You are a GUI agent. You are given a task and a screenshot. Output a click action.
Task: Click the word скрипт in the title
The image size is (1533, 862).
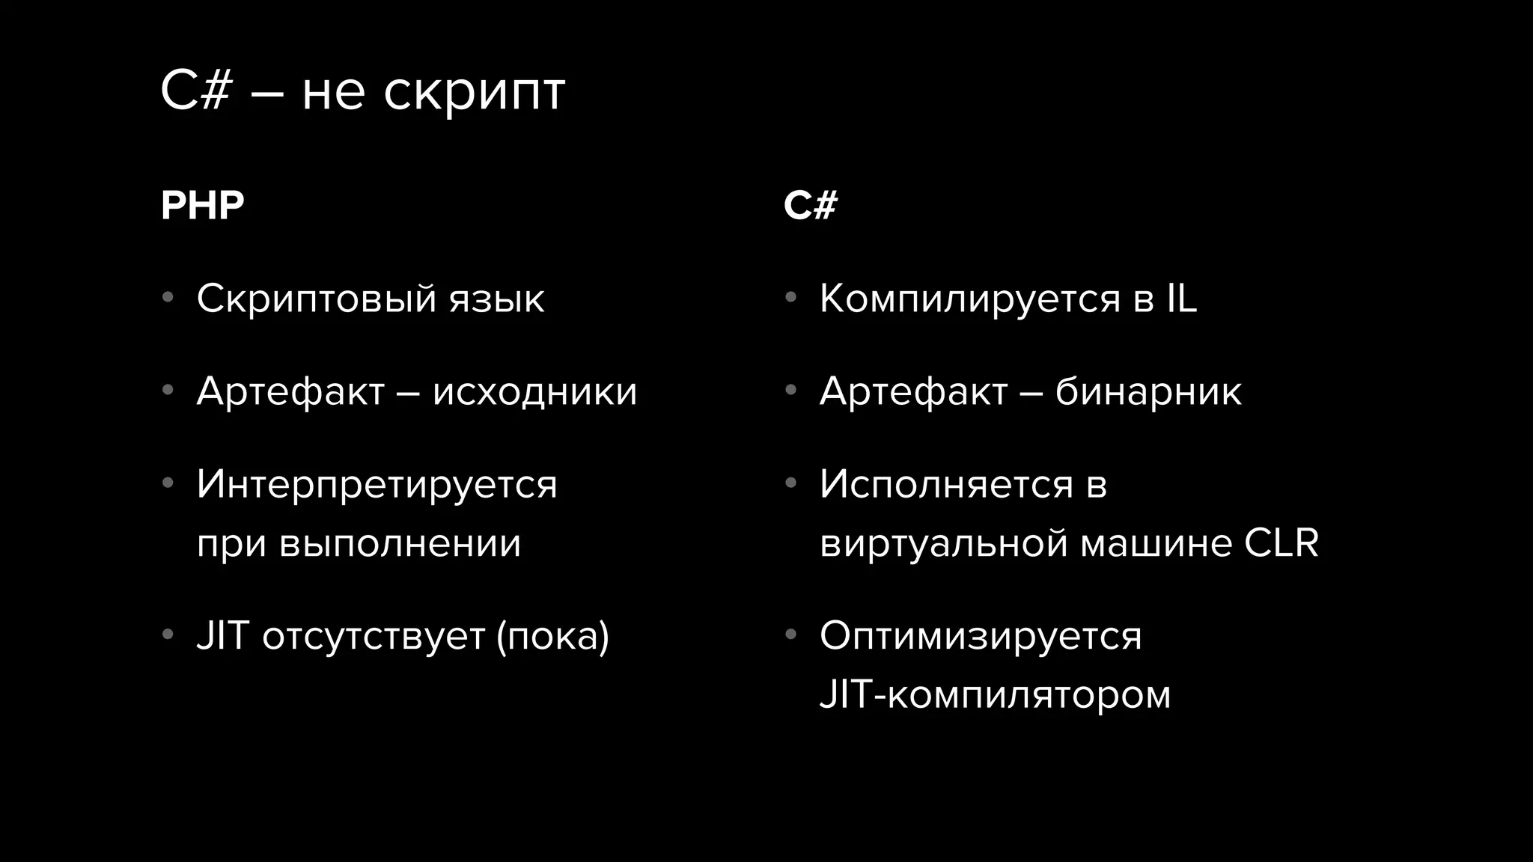pos(474,93)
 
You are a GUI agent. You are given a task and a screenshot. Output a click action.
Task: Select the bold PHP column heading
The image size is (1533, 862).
pos(203,206)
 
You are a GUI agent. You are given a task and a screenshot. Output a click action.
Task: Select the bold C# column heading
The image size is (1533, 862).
pos(811,206)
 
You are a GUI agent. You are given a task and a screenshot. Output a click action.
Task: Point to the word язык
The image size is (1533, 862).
pos(497,299)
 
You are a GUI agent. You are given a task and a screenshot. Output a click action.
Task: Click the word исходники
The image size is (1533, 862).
pos(534,391)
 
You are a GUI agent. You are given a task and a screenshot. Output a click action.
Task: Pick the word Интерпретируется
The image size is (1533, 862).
pos(377,485)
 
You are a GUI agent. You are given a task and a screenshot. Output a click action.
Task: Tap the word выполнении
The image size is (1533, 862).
pos(400,543)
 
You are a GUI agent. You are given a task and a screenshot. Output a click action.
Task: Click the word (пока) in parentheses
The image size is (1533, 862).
pos(553,636)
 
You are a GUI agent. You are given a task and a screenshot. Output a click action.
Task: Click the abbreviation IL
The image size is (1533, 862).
pos(1182,299)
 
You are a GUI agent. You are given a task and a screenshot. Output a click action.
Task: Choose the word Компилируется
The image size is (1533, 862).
pos(970,299)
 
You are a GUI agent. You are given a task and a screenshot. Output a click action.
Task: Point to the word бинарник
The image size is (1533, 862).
pos(1148,391)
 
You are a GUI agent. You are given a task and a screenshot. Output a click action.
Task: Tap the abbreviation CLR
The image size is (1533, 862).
pos(1281,543)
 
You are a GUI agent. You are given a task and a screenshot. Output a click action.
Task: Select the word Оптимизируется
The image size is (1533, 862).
pos(981,637)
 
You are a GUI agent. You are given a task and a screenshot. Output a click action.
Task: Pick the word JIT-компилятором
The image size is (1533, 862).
pos(995,695)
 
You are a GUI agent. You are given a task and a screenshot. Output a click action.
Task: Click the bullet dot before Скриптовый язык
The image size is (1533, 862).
pos(168,298)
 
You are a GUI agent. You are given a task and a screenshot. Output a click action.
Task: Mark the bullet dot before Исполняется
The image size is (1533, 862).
pos(790,483)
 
